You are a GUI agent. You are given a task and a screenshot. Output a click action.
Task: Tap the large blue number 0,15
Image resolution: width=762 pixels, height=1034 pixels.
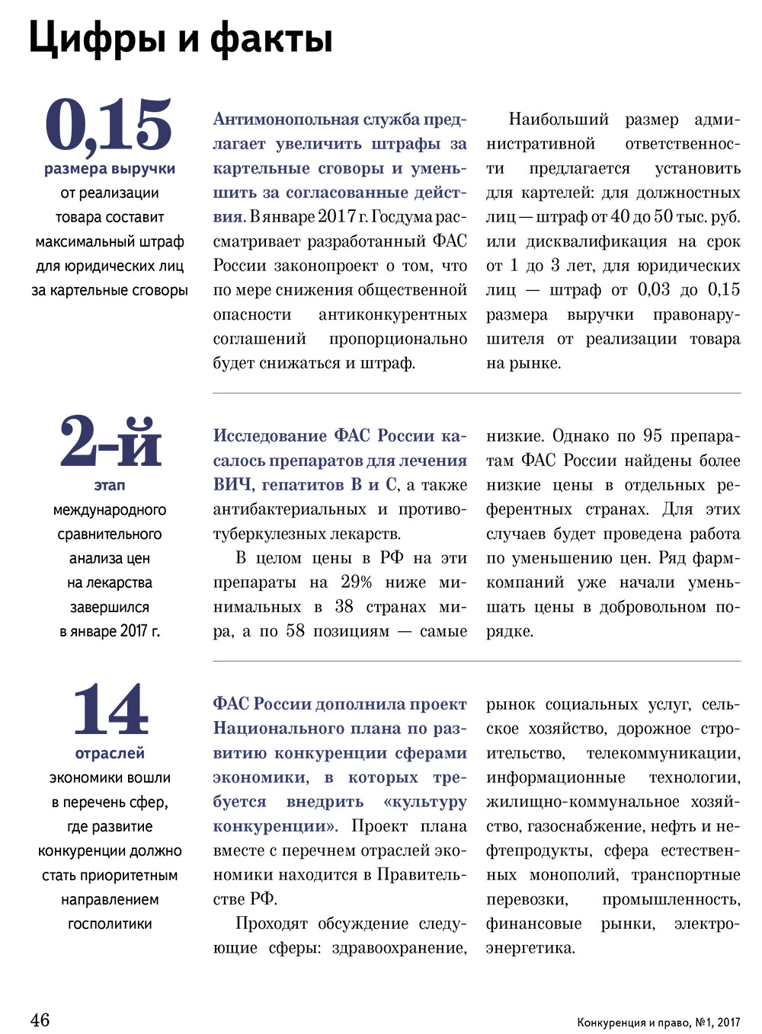[109, 125]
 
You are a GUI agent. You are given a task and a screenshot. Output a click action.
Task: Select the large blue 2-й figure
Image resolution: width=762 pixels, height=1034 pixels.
[110, 442]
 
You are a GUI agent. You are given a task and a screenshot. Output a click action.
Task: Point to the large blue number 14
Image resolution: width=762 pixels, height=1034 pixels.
[110, 710]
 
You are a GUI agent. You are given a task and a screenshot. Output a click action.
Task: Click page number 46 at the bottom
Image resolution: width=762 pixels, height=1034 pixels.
[40, 1020]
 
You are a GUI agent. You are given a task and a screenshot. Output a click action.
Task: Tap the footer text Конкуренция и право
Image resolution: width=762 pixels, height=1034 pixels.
[632, 1022]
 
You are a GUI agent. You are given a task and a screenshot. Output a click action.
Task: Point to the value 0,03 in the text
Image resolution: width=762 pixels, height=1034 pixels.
[654, 290]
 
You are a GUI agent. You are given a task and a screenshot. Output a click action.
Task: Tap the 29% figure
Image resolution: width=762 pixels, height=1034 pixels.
[356, 582]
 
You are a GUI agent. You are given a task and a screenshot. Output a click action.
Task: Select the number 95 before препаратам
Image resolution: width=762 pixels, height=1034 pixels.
[652, 436]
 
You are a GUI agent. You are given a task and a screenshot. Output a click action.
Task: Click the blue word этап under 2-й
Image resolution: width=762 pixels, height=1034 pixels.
[110, 485]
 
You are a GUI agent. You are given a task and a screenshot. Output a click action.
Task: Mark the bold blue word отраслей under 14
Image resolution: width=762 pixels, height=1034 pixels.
[110, 753]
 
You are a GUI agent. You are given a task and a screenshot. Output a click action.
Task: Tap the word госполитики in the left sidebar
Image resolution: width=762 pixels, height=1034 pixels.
[110, 924]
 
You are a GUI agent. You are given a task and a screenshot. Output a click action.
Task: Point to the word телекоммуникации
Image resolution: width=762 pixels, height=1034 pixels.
[663, 753]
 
